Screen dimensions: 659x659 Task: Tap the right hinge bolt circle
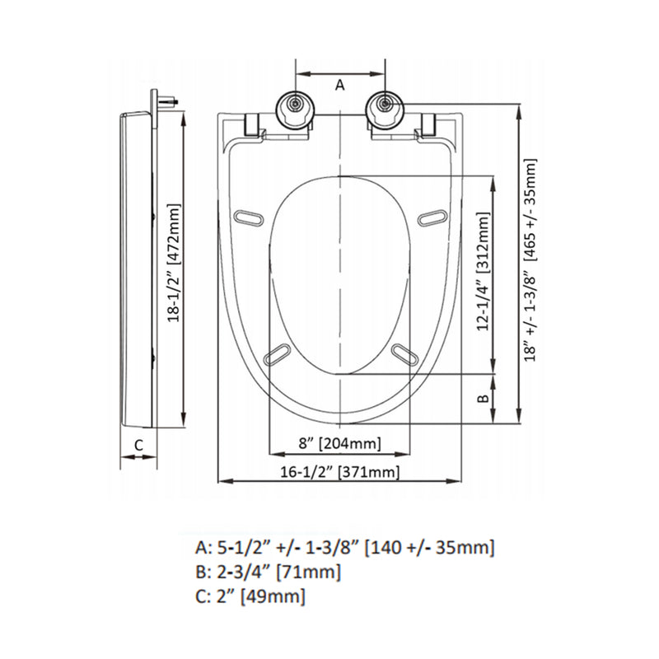tap(384, 104)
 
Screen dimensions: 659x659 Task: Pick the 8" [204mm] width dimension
tap(339, 444)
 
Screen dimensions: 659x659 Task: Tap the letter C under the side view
tap(138, 444)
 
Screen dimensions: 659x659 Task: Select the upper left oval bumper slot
tap(250, 217)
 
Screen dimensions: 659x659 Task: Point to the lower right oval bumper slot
tap(404, 353)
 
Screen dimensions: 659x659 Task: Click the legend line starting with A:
tap(344, 548)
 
